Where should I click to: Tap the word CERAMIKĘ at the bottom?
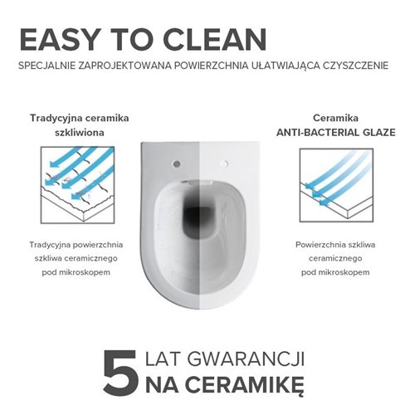coord(236,386)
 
